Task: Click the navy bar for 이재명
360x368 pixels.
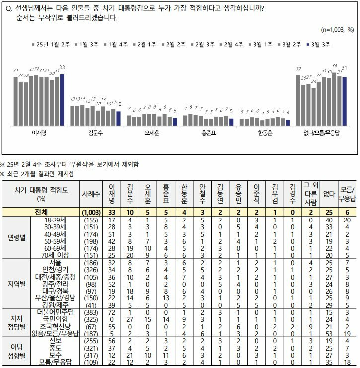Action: [x=62, y=100]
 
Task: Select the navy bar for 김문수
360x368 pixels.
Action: [x=119, y=119]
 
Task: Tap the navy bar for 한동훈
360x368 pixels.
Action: [x=288, y=123]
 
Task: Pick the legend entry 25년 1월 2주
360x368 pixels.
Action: [x=51, y=44]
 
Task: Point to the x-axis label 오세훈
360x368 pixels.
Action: [x=152, y=133]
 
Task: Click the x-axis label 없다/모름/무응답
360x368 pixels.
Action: [x=321, y=133]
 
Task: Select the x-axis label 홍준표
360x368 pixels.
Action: [x=209, y=133]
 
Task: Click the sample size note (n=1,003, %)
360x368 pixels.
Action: [x=337, y=30]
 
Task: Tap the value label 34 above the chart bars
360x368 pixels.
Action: [x=334, y=66]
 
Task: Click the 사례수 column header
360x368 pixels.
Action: [x=91, y=194]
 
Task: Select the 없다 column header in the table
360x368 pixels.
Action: [x=329, y=194]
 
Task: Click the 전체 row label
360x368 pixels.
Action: [x=41, y=212]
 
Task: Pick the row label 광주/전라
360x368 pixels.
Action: [x=56, y=284]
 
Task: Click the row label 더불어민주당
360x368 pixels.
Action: [x=56, y=312]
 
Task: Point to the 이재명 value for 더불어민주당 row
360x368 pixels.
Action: [x=112, y=312]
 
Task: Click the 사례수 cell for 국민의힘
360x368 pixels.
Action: [x=91, y=320]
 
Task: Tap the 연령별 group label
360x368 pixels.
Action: [x=17, y=238]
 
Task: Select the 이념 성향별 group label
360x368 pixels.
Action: [x=17, y=351]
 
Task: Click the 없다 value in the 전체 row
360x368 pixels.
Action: [x=329, y=212]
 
